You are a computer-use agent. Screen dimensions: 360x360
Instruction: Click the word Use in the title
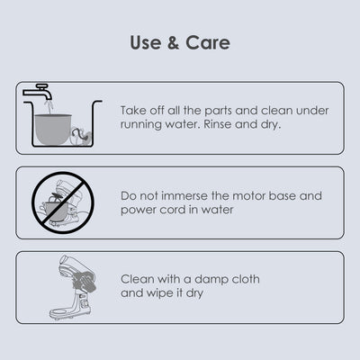point(145,42)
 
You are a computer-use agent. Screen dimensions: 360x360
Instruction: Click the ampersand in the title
point(174,42)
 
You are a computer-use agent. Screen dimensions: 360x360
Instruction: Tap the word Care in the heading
point(208,42)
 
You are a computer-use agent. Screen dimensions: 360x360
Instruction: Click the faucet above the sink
point(39,92)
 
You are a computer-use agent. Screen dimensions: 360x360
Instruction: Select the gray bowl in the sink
point(53,130)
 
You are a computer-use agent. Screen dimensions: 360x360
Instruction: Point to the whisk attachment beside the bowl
point(81,137)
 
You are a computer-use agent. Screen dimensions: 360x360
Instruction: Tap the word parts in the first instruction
point(219,111)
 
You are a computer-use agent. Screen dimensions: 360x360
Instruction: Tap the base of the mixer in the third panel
point(70,313)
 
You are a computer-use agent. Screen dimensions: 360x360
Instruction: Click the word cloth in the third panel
point(246,279)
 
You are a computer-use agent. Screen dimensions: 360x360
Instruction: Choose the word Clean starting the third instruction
point(138,279)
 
